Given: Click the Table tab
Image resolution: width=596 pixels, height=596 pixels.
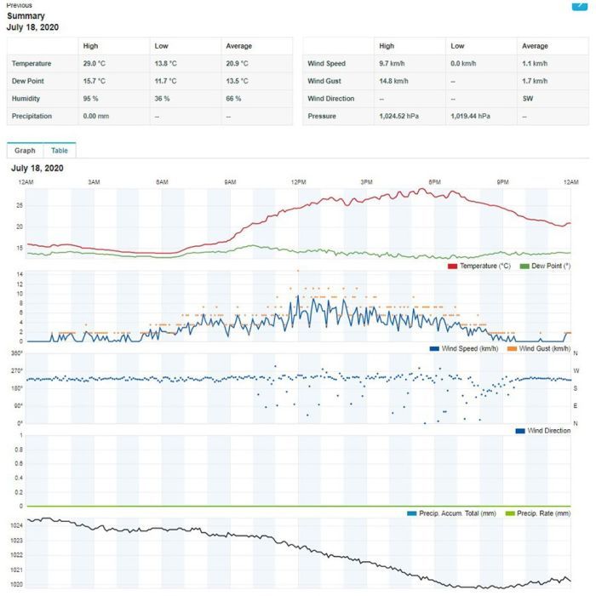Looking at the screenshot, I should [x=60, y=151].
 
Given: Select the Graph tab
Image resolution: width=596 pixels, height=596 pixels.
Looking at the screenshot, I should [x=25, y=151].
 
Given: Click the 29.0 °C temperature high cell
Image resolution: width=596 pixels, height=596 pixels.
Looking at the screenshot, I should [x=95, y=63].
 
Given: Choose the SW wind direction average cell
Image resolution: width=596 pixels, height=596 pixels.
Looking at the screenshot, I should [x=528, y=98].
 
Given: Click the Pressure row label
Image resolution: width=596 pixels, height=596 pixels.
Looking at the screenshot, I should [x=322, y=116].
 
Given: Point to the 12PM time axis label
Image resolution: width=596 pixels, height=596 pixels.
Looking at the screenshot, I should [x=298, y=183].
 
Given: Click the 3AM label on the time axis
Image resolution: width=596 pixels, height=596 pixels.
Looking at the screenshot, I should [x=94, y=183].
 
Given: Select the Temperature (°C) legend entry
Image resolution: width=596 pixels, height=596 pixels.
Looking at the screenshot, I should [x=481, y=266].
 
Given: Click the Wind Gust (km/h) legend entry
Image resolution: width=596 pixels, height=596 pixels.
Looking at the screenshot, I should [x=540, y=349].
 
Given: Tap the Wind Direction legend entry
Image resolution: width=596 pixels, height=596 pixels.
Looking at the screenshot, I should [x=544, y=431].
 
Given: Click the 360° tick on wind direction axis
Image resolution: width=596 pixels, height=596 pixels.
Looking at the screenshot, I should [x=16, y=353].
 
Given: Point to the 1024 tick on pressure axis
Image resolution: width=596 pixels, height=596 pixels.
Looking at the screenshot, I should [x=16, y=526].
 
